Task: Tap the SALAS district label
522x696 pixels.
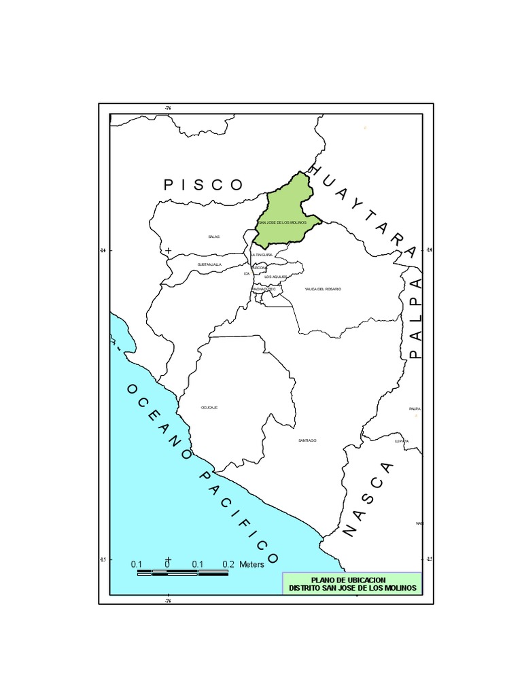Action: click(214, 237)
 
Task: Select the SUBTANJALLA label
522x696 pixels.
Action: click(209, 264)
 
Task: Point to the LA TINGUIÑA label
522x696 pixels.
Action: click(262, 254)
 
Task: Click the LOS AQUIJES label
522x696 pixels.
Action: click(275, 277)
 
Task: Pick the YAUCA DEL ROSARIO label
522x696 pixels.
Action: click(323, 289)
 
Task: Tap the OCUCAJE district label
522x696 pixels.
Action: click(209, 407)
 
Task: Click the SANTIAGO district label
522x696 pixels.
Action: click(307, 440)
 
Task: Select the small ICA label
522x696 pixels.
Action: click(247, 273)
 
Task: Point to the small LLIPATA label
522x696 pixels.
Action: click(402, 441)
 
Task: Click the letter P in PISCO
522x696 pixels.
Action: click(169, 185)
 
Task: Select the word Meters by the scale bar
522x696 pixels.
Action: click(251, 564)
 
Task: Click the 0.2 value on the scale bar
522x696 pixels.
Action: click(228, 564)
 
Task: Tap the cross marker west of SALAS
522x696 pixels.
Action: click(169, 251)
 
